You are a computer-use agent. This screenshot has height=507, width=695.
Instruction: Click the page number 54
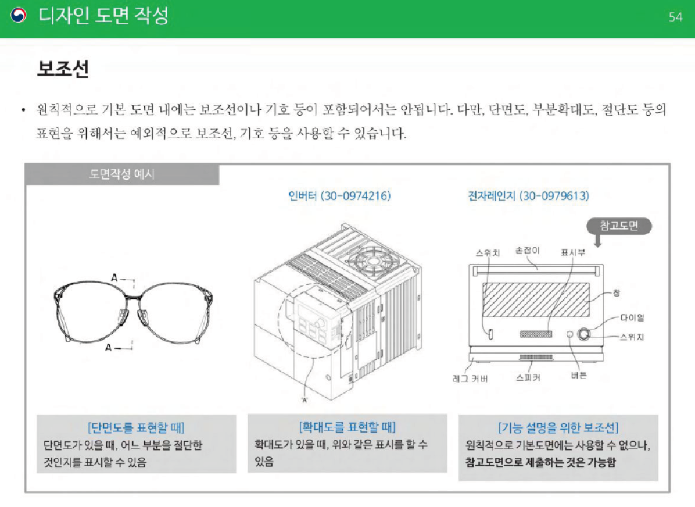pyautogui.click(x=675, y=17)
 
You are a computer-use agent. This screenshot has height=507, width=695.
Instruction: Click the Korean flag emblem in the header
pyautogui.click(x=19, y=16)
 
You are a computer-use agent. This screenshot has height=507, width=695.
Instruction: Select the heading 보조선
pyautogui.click(x=63, y=70)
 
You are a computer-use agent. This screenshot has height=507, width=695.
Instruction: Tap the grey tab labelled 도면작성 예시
pyautogui.click(x=122, y=174)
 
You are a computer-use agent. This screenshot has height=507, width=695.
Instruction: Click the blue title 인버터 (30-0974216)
pyautogui.click(x=339, y=196)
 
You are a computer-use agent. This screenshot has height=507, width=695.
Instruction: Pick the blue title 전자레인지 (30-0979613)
pyautogui.click(x=528, y=196)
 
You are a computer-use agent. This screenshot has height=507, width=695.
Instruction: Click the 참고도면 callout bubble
pyautogui.click(x=618, y=226)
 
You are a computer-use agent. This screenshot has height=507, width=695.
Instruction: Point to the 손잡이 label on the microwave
pyautogui.click(x=528, y=251)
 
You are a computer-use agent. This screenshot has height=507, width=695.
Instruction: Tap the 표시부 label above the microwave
pyautogui.click(x=572, y=252)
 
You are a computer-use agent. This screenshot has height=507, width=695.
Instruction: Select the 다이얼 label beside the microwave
pyautogui.click(x=632, y=317)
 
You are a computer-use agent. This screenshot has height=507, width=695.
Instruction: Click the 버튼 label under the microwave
pyautogui.click(x=578, y=375)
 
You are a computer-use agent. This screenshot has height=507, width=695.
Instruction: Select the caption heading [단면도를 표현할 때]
pyautogui.click(x=136, y=429)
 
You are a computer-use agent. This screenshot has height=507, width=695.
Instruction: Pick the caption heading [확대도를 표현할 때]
pyautogui.click(x=347, y=427)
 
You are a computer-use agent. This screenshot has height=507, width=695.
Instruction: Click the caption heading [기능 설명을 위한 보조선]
pyautogui.click(x=558, y=429)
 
